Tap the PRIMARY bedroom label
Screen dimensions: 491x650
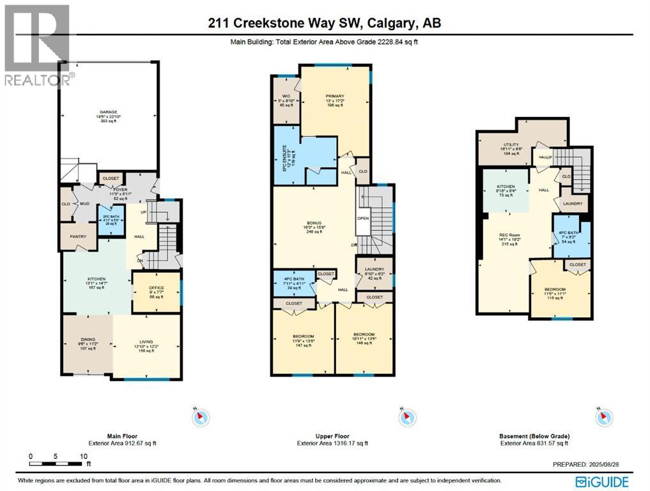point(334,97)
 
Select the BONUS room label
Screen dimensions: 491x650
point(313,223)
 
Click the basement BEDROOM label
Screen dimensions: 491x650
point(553,290)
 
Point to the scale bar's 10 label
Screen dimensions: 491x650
point(83,456)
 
